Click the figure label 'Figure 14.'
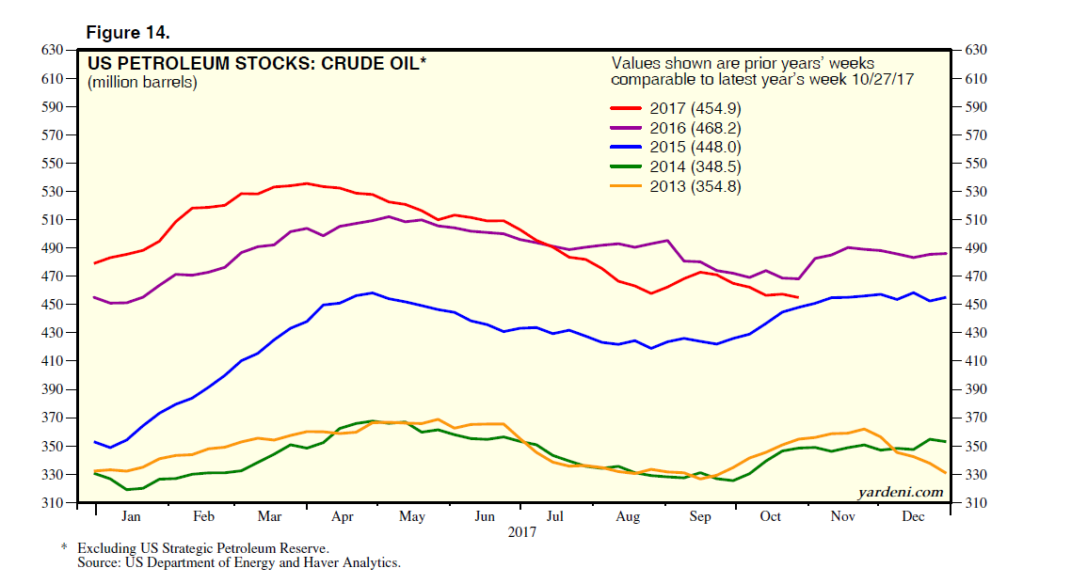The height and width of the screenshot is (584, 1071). click(128, 32)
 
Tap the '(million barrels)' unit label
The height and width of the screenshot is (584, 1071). click(142, 82)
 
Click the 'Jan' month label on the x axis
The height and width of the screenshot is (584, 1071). click(131, 517)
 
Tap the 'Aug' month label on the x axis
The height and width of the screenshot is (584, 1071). click(628, 517)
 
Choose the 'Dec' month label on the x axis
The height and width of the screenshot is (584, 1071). click(913, 517)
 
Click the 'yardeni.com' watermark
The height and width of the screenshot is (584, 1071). click(900, 492)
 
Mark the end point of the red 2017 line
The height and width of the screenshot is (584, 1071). click(799, 297)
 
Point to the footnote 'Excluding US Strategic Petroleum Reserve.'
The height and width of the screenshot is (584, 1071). click(203, 547)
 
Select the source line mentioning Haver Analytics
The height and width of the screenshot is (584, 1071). click(239, 562)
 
